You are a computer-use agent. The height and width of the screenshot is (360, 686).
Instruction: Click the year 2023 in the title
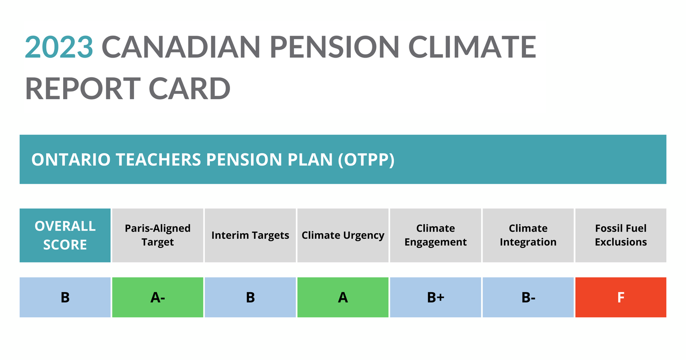(59, 47)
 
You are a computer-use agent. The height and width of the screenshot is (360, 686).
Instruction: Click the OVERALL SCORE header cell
(65, 235)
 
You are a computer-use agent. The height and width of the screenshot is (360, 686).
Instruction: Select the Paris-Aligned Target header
(157, 235)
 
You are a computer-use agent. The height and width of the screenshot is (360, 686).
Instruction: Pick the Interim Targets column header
(250, 236)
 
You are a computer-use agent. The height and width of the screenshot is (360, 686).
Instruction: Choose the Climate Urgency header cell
(343, 236)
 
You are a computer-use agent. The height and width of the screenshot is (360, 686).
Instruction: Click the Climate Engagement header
(435, 235)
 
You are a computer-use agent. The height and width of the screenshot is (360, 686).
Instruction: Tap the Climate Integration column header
(528, 235)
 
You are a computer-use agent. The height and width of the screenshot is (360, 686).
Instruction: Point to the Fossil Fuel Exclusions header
(621, 235)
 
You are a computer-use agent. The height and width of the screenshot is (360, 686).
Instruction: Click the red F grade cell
(621, 297)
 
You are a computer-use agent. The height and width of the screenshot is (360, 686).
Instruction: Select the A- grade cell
(157, 297)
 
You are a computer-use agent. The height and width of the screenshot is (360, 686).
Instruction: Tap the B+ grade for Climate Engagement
(435, 297)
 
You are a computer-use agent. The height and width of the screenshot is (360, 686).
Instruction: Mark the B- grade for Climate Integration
(528, 297)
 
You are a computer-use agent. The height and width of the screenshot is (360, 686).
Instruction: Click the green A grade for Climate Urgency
(343, 297)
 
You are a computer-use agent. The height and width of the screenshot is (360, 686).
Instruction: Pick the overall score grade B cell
(65, 297)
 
